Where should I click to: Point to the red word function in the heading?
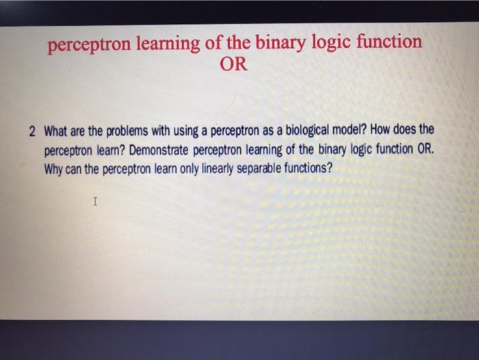click(x=388, y=42)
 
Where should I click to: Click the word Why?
click(x=55, y=168)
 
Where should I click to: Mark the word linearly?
click(x=216, y=168)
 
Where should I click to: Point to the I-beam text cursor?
click(x=95, y=202)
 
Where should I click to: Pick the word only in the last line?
click(x=183, y=168)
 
